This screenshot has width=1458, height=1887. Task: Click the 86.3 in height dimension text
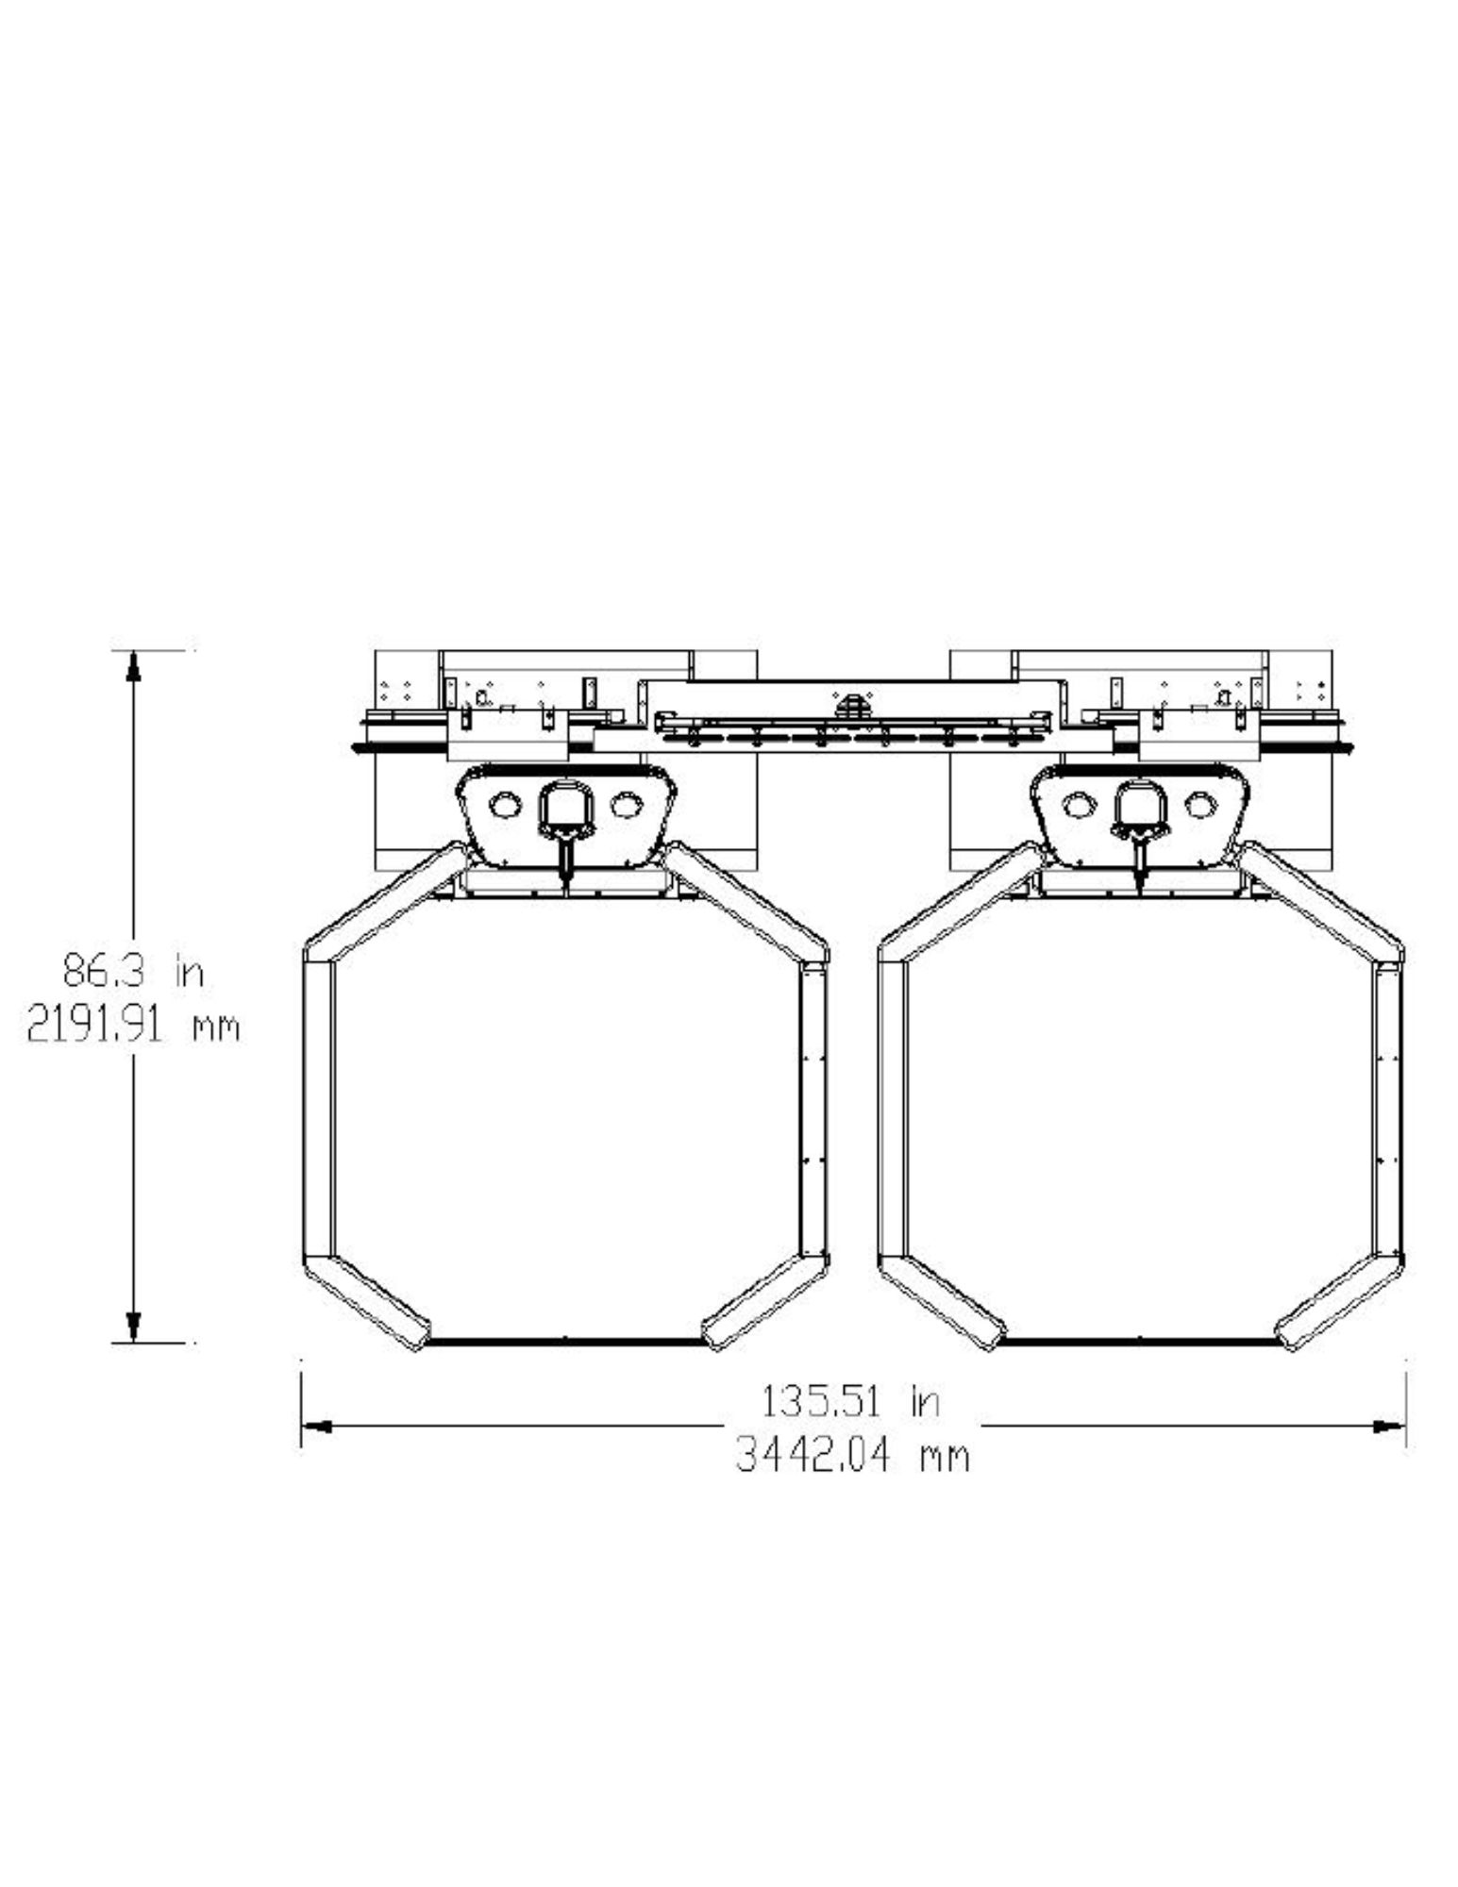point(133,971)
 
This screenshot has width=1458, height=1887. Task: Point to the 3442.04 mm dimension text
point(852,1457)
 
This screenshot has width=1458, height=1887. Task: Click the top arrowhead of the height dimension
point(133,664)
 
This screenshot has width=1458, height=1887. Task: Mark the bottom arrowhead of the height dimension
point(133,1327)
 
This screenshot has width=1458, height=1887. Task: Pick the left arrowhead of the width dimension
point(315,1428)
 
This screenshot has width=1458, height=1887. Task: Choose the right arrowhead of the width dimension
point(1390,1428)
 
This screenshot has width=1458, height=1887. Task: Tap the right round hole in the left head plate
point(625,805)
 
